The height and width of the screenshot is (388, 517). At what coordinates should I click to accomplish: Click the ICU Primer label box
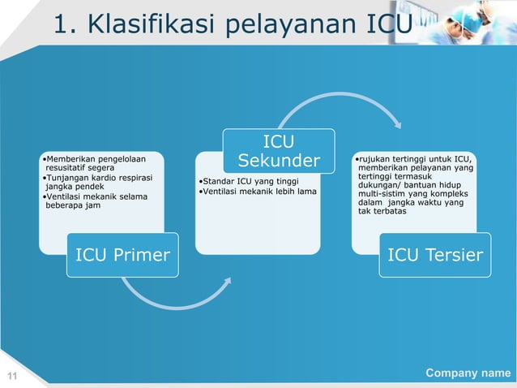pos(122,257)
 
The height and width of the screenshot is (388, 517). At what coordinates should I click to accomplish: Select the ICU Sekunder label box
pos(279,150)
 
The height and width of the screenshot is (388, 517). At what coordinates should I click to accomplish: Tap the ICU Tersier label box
pos(435,257)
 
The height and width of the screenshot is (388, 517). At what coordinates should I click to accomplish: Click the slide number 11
pos(12,374)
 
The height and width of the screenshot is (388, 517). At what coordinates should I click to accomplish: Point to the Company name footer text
pos(468,373)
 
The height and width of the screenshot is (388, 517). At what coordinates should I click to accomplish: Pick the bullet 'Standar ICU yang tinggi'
pos(251,180)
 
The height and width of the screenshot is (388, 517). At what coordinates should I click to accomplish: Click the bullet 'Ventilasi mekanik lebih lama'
pos(258,192)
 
